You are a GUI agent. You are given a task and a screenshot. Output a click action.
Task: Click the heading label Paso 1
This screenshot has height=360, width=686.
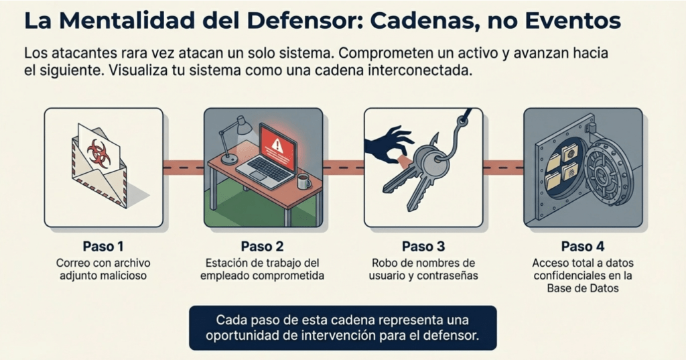102,247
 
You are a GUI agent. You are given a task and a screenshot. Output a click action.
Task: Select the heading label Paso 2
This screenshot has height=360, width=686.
262,247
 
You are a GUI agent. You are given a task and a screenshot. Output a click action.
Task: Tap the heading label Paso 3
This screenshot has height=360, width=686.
423,247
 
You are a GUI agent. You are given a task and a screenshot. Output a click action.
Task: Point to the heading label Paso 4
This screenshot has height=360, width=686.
583,247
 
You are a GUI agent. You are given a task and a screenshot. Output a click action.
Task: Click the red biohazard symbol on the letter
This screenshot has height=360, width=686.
99,153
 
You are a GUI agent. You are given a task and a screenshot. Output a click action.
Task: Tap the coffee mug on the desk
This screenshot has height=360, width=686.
303,181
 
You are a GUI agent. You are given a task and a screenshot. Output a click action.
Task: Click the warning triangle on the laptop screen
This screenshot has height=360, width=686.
277,144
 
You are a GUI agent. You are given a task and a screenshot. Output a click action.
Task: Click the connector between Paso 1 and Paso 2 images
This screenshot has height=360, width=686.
184,168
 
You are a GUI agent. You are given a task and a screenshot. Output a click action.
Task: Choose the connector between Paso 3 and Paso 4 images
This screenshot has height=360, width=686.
503,168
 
